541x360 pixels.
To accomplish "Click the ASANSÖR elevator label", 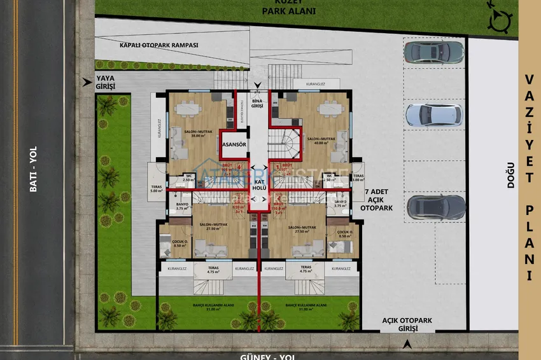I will pos(234,144).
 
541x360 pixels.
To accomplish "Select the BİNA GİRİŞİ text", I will pos(258,104).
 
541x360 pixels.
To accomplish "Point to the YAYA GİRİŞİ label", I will pos(104,81).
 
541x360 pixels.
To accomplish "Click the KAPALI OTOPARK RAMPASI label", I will pos(159,46).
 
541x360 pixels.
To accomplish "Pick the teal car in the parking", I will pos(433,51).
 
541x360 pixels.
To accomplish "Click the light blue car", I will pos(433,114).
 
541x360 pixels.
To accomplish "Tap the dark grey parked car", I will pos(436,207).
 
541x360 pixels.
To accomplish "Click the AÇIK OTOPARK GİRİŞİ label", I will pos(399,324).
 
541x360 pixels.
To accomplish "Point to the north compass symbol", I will pos(498,21).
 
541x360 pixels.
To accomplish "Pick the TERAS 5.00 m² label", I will pos(157,189).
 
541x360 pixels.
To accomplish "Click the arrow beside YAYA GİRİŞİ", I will pos(87,81).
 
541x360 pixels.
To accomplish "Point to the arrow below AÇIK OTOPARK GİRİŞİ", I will pos(405,344).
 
